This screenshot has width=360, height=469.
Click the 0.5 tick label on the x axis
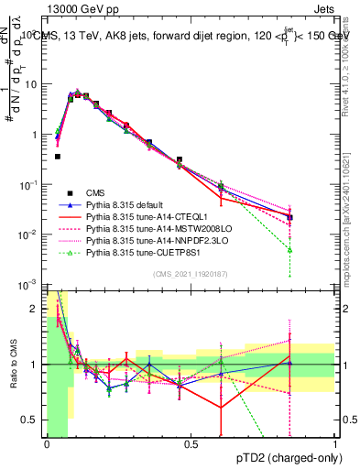[x=191, y=444]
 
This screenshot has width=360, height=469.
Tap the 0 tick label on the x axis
[x=47, y=444]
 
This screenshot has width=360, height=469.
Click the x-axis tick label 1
[x=334, y=444]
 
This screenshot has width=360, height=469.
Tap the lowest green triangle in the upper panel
[x=289, y=249]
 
